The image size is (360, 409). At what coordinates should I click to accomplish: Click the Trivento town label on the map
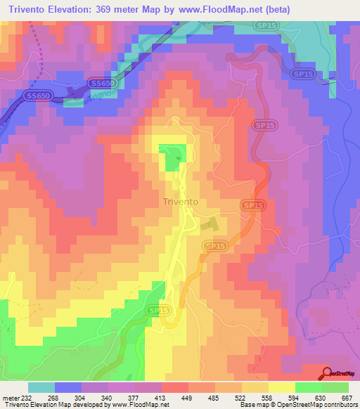tap(180, 202)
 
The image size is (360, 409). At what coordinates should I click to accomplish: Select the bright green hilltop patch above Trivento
tap(172, 157)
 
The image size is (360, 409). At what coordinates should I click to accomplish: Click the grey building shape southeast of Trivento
tap(210, 225)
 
